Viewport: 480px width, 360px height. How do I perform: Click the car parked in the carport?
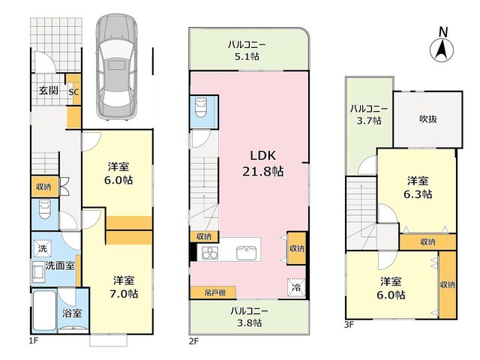pos(116,67)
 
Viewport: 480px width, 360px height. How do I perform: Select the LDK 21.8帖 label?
pos(263,163)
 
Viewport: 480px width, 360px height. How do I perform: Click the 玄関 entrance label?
pos(49,90)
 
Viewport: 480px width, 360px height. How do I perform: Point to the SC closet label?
pos(73,91)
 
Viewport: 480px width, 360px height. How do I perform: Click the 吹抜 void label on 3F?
pos(427,118)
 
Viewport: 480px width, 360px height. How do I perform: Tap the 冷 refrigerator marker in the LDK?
pos(296,287)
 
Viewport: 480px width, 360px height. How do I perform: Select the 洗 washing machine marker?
pos(43,248)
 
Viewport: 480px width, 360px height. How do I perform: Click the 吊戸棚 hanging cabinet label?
pos(214,293)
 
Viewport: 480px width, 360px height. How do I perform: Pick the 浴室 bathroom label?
pos(72,313)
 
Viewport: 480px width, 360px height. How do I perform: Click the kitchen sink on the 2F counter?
pos(247,253)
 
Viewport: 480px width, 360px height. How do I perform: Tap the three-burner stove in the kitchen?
pos(210,253)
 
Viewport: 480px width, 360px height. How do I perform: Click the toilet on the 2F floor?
pos(201,107)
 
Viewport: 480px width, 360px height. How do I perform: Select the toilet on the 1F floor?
pos(45,209)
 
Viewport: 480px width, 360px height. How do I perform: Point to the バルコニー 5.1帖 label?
pos(247,51)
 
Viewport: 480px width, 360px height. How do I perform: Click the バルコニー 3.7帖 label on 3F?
pos(369,115)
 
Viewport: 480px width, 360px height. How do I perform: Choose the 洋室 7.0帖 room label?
pos(124,287)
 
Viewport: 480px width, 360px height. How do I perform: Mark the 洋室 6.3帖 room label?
pos(418,187)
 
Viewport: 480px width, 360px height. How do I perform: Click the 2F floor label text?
pos(193,341)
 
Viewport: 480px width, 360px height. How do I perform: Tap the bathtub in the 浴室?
pos(44,311)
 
